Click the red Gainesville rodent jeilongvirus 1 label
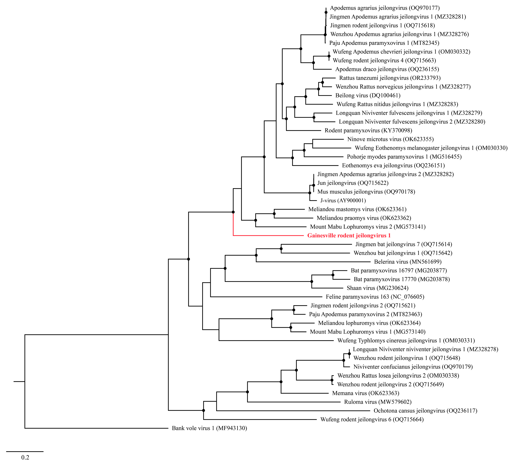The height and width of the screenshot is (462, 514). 349,236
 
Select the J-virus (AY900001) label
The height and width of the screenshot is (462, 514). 343,201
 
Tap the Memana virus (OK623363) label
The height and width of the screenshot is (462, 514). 366,393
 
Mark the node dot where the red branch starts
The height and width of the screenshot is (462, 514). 233,212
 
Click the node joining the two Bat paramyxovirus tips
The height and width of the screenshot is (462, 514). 333,275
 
